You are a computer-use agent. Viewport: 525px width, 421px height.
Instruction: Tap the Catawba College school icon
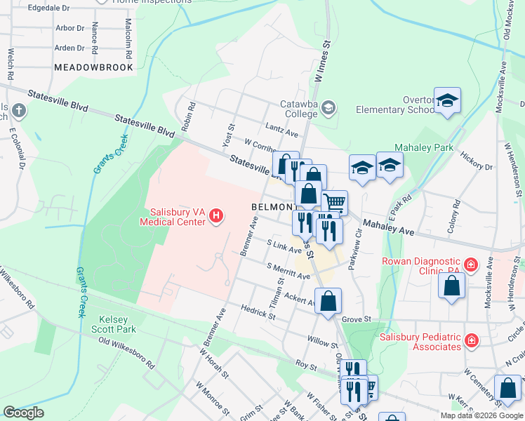(328, 107)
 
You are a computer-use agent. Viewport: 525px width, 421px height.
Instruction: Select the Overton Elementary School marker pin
(446, 102)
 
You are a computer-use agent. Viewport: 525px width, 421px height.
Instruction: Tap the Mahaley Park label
(424, 148)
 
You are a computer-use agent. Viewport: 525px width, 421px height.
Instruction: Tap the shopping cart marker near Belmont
(335, 203)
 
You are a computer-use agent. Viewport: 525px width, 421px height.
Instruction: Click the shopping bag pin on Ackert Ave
(328, 302)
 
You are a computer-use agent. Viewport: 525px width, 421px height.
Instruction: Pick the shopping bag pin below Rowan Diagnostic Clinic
(452, 286)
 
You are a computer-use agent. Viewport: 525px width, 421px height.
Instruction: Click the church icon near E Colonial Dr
(18, 111)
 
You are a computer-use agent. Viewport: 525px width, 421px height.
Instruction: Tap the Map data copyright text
(481, 415)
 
